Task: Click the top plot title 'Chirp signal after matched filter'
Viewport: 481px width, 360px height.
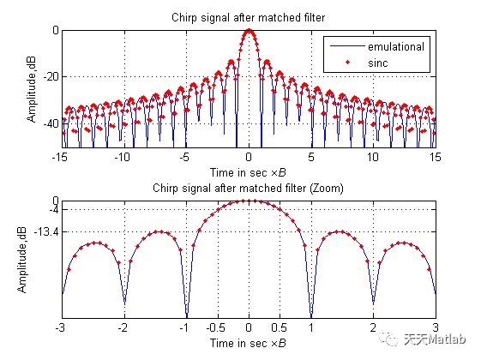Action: [248, 17]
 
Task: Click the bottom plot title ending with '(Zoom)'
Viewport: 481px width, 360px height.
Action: [248, 188]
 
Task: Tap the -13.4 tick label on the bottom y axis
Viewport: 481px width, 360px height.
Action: [46, 231]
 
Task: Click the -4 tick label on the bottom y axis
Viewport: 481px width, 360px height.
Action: [54, 209]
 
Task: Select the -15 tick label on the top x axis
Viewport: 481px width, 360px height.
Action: [60, 158]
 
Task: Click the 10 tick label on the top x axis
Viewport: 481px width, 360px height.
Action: [373, 158]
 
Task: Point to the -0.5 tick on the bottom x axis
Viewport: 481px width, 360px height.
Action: [216, 327]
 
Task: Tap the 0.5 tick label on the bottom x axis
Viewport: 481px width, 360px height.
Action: [279, 327]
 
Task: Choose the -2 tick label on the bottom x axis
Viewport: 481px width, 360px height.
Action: [123, 327]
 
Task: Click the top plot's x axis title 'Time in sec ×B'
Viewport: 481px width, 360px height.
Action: [248, 172]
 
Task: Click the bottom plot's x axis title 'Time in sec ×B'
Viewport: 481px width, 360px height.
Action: [248, 343]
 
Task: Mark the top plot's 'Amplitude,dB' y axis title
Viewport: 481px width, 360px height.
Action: [31, 89]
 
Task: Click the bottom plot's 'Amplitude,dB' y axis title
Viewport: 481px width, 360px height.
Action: [21, 260]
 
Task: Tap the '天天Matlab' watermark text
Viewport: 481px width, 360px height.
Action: [435, 339]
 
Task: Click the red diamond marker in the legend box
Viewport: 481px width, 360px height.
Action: [347, 63]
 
